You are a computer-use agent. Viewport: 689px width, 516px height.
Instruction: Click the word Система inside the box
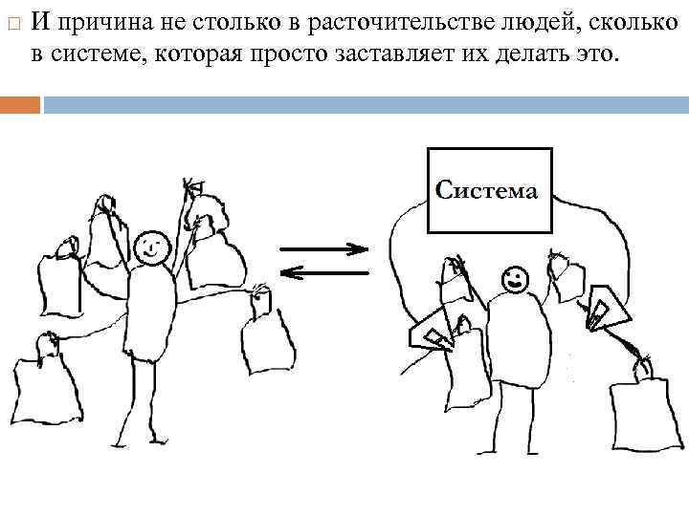(x=486, y=190)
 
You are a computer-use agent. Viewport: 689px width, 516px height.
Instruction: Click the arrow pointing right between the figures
(x=325, y=249)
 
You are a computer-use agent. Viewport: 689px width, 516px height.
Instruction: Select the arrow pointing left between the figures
(x=325, y=273)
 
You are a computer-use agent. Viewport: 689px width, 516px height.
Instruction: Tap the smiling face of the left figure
(x=148, y=247)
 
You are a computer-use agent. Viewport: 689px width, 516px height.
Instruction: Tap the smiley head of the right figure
(x=514, y=279)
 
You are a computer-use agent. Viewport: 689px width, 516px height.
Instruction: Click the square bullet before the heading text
(x=11, y=21)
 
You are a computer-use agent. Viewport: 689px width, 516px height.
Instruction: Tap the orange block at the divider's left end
(x=20, y=104)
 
